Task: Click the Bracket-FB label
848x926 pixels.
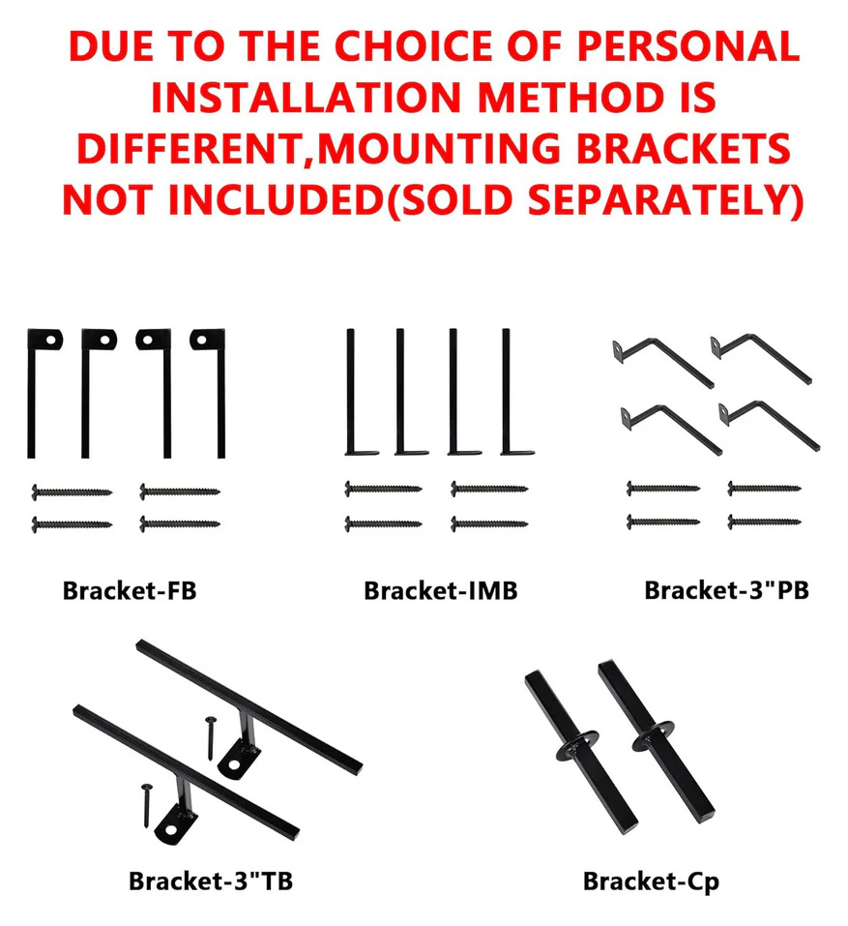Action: tap(130, 590)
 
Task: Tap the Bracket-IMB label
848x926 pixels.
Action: tap(440, 590)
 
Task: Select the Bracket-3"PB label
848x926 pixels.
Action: tap(726, 590)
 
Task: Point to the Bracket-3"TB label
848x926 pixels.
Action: tap(211, 881)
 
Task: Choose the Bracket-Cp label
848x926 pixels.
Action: tap(651, 881)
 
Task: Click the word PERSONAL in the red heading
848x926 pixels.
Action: tap(688, 46)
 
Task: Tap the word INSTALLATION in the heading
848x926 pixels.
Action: tap(306, 98)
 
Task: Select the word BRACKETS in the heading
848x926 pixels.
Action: tap(684, 148)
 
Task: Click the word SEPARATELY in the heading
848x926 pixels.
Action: tap(658, 199)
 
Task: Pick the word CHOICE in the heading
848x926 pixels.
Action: tap(414, 46)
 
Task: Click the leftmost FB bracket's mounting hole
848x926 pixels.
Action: tap(51, 340)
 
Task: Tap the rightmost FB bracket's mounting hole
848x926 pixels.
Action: tap(202, 340)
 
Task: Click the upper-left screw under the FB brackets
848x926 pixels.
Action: tap(72, 492)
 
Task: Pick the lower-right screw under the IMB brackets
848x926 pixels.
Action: tap(489, 523)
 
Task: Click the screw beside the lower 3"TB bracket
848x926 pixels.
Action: tap(146, 805)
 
